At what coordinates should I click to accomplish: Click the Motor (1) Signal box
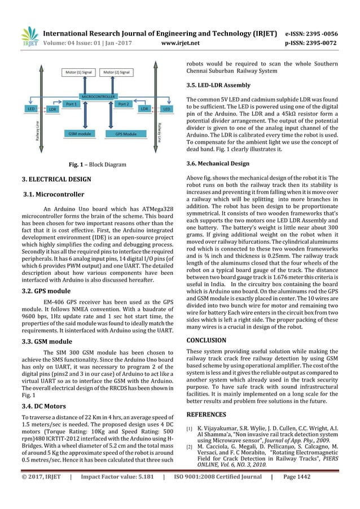(x=79, y=72)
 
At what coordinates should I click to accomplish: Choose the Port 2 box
(x=124, y=104)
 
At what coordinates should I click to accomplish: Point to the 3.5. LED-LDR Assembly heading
(x=219, y=86)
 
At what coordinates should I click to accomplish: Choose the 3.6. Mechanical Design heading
(x=218, y=164)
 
